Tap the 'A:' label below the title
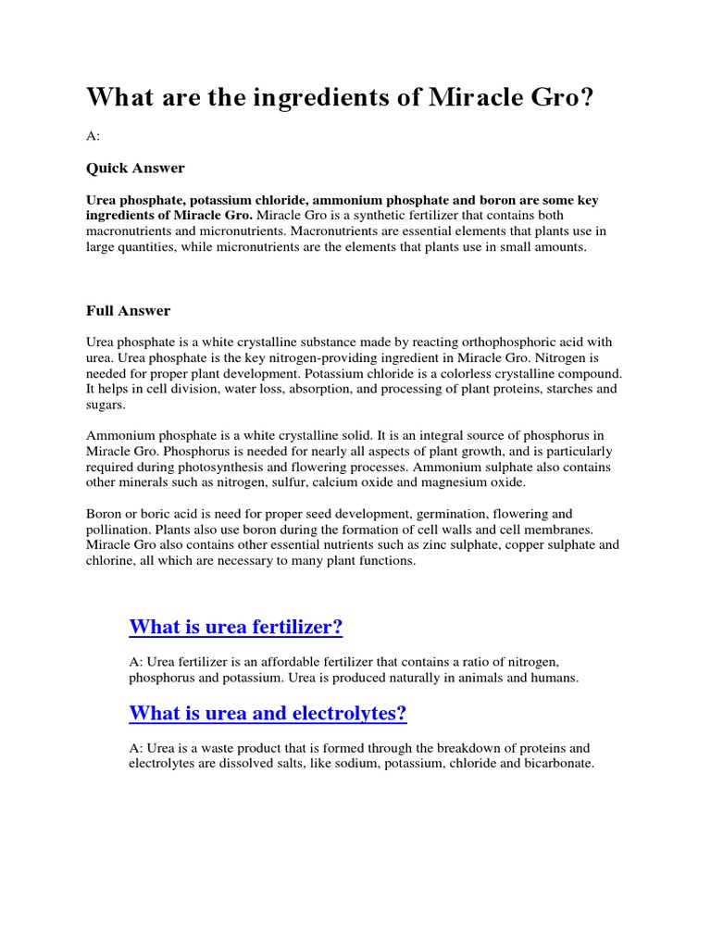coord(93,136)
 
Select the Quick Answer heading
coord(135,168)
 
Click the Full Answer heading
coord(129,310)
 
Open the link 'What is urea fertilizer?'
coord(236,628)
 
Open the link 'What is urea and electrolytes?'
coord(268,714)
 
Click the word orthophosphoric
coord(461,343)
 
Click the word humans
coord(554,678)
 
